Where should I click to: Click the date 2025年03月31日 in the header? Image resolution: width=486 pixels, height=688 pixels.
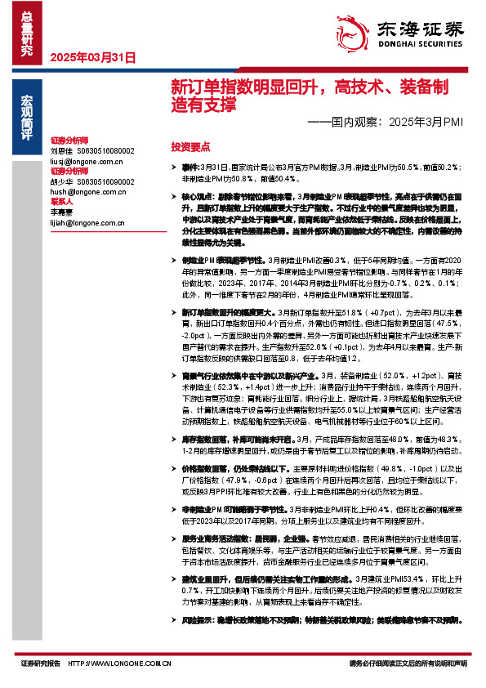click(x=92, y=58)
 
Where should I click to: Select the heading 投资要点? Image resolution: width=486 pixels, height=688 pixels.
click(x=189, y=145)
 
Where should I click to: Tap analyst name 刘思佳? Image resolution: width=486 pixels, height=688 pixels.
click(x=61, y=151)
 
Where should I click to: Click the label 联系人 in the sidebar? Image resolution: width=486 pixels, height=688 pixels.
click(x=62, y=200)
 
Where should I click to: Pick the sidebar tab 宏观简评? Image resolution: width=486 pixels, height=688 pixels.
click(x=28, y=118)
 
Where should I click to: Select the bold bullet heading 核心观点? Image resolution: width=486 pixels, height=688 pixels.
click(x=197, y=197)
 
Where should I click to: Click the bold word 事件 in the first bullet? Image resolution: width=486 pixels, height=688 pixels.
click(x=190, y=166)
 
